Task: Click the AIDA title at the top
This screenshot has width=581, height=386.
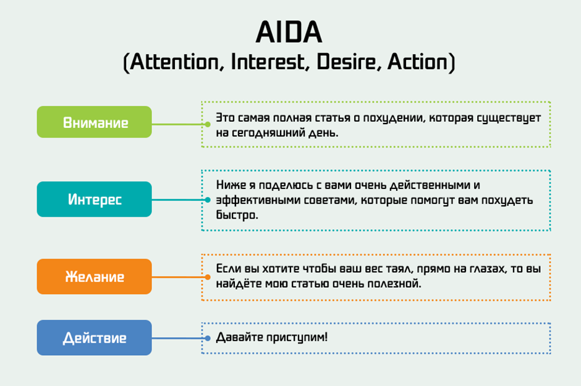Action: coord(289,32)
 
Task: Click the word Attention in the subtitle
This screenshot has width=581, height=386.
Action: coord(174,62)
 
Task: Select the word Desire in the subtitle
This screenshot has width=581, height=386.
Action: coord(346,61)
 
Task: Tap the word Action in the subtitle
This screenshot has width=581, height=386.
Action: coord(417,61)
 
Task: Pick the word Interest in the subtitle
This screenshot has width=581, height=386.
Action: coord(268,61)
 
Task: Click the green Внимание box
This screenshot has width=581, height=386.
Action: coord(94,122)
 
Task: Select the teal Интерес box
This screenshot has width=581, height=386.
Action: coord(94,199)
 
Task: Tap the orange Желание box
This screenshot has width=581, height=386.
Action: coord(94,277)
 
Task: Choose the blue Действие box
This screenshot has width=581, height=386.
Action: coord(94,338)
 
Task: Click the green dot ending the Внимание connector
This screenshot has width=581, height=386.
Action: coord(208,124)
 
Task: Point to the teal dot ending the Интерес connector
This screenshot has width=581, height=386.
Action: coord(208,200)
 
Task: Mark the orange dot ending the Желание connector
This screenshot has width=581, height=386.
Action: coord(208,277)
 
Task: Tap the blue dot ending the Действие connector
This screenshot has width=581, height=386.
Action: coord(208,338)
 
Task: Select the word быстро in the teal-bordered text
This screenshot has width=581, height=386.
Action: coord(237,215)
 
